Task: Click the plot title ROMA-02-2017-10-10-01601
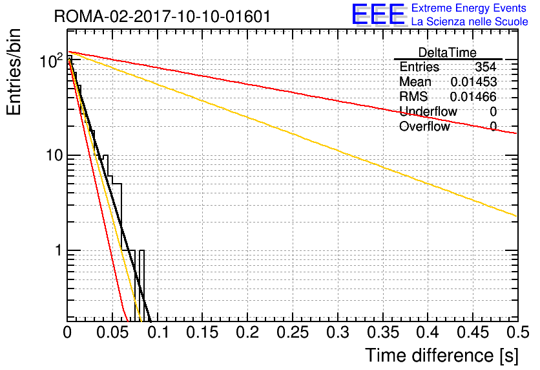tap(162, 16)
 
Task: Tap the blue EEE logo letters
tap(378, 14)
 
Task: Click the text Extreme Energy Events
tap(469, 8)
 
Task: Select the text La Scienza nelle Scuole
tap(470, 22)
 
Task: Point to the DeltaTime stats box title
tap(448, 52)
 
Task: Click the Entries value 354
tap(486, 67)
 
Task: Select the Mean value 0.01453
tap(473, 82)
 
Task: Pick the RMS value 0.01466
tap(473, 96)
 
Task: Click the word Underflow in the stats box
tap(428, 111)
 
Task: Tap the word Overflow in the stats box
tap(424, 126)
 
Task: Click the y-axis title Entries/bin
tap(14, 72)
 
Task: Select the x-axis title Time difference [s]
tap(442, 355)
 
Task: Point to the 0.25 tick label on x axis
tap(293, 332)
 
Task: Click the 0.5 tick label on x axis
tap(518, 332)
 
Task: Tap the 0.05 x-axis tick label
tap(112, 332)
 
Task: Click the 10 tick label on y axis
tap(54, 155)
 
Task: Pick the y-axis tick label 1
tap(58, 250)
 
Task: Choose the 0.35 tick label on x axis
tap(383, 332)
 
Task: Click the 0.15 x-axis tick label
tap(203, 332)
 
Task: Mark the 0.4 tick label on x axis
tap(428, 332)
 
